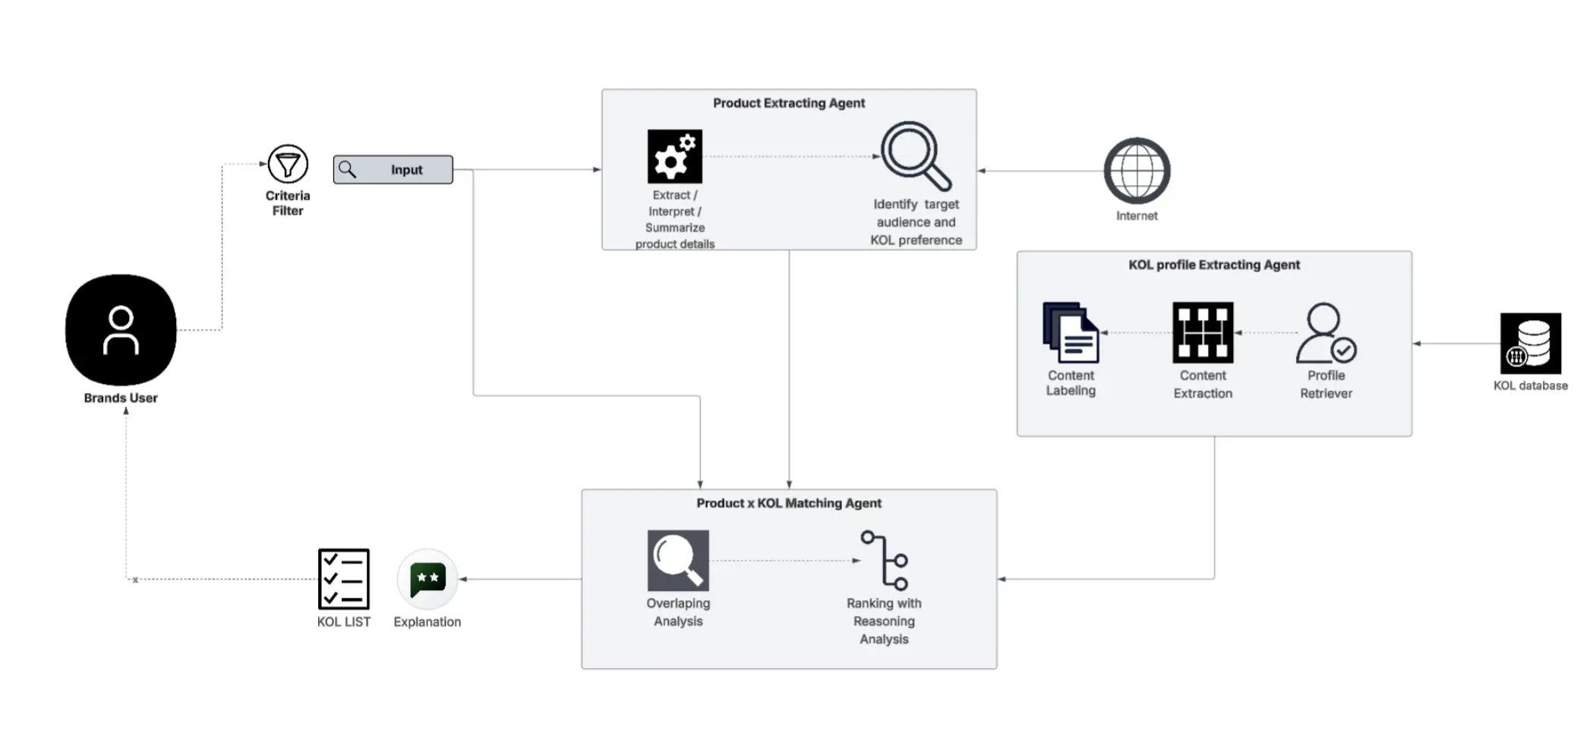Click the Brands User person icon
[x=121, y=330]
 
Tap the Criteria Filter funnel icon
[x=288, y=164]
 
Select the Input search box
[x=393, y=170]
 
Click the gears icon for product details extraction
[x=674, y=156]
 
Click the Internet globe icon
[x=1137, y=171]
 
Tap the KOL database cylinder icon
[x=1530, y=343]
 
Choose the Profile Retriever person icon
[x=1326, y=333]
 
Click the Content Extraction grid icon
[x=1203, y=333]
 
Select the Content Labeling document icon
[x=1071, y=333]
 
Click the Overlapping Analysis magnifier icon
[x=678, y=561]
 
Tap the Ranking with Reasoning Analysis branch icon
[x=885, y=561]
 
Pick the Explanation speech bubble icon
[x=427, y=580]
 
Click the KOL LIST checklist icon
[x=344, y=579]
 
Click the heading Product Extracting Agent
[x=789, y=103]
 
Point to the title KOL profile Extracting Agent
[x=1214, y=265]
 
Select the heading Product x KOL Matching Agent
[x=789, y=503]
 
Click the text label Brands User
[x=121, y=398]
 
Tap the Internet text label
[x=1137, y=216]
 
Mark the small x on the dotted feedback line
[x=135, y=580]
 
